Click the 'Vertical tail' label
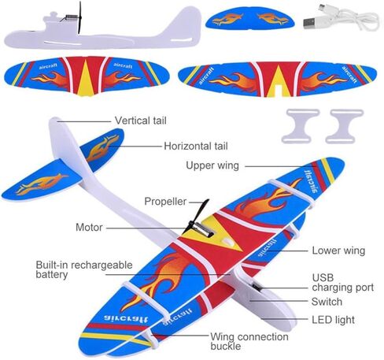tap(141, 121)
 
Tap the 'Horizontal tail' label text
tap(196, 146)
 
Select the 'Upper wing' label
tap(212, 166)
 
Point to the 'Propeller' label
tap(165, 202)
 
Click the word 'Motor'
tap(89, 227)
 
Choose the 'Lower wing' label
tap(338, 251)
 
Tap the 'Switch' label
tap(327, 302)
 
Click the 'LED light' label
tap(333, 320)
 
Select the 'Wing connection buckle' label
tap(249, 341)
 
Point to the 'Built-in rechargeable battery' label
tap(84, 269)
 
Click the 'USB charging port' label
tap(342, 283)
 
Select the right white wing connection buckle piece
tap(345, 126)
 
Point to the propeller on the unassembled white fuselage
tap(79, 17)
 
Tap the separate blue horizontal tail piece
tap(250, 18)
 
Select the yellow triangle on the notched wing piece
tap(279, 81)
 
